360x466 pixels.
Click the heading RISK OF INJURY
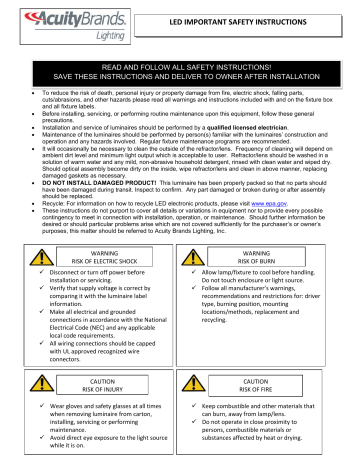pyautogui.click(x=95, y=391)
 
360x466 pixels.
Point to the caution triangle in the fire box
pyautogui.click(x=221, y=386)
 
